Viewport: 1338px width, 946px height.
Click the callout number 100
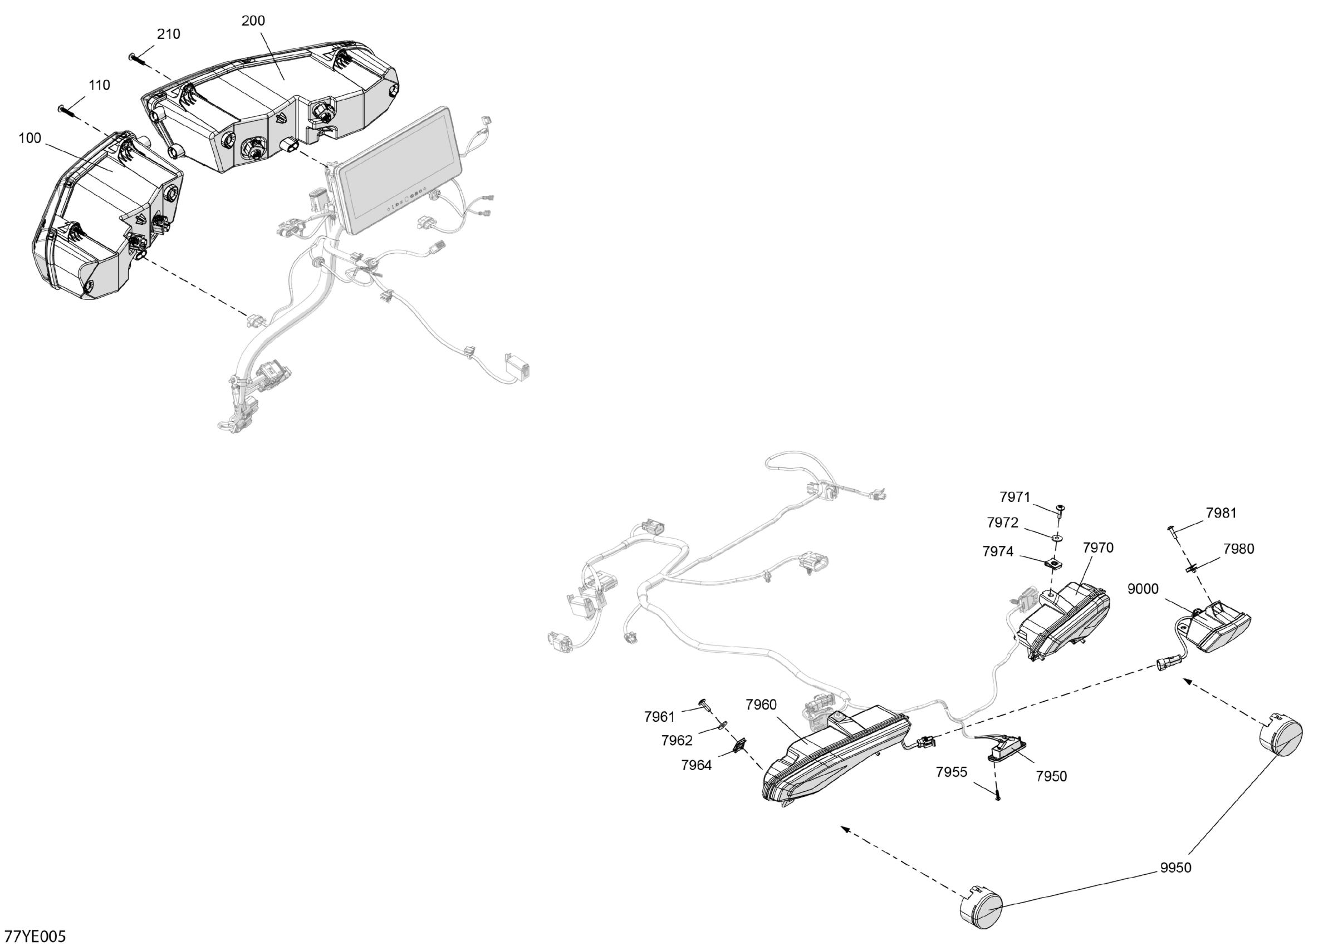pos(30,138)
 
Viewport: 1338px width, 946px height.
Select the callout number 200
pos(253,21)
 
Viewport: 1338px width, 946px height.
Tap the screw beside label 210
pos(135,58)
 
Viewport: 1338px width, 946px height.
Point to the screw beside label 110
pos(66,111)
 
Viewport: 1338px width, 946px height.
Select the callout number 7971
pos(1014,497)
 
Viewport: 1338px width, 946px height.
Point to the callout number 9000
pos(1143,589)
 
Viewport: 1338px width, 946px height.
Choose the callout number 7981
pos(1221,513)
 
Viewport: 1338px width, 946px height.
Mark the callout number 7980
pos(1238,549)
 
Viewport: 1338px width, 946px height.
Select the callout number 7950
pos(1051,776)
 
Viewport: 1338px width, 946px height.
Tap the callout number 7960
pos(761,705)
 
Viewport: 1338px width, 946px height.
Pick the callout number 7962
pos(677,740)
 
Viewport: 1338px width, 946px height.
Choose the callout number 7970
pos(1098,548)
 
